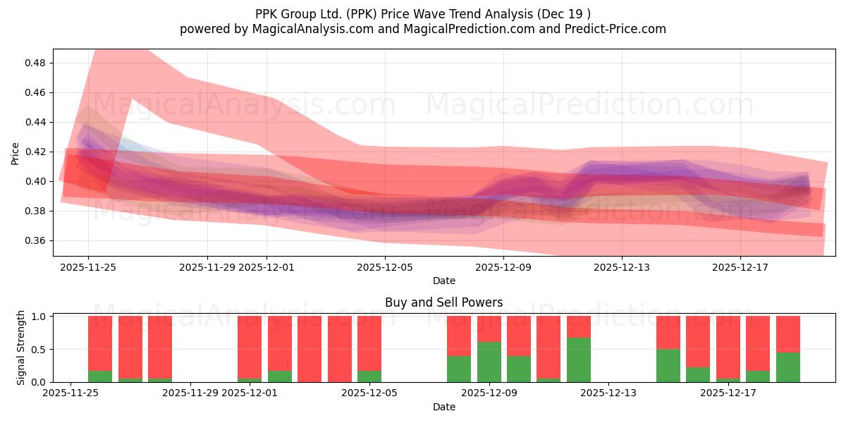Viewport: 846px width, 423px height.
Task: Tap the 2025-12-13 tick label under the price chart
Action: tap(621, 267)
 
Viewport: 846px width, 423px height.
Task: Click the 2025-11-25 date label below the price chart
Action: tap(88, 267)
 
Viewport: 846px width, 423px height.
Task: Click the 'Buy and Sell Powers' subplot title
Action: tap(443, 302)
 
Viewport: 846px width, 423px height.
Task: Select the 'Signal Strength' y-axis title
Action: tap(21, 348)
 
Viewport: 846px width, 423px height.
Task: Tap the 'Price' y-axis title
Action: tap(16, 153)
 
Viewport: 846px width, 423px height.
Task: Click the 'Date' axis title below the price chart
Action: tap(443, 281)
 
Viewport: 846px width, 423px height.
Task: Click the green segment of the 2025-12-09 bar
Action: tap(489, 362)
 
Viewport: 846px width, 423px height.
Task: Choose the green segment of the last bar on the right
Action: tap(787, 367)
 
